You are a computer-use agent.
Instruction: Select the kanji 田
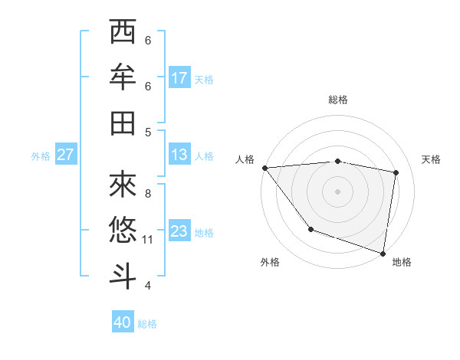coord(123,123)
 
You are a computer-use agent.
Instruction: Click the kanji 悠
coord(123,230)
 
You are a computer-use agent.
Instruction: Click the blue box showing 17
coord(179,78)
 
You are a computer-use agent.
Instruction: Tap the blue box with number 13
coord(179,155)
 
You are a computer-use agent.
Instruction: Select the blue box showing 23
coord(179,232)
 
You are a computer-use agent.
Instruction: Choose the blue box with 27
coord(66,155)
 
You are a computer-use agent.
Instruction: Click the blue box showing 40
coord(123,323)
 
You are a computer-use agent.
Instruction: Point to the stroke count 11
coord(148,240)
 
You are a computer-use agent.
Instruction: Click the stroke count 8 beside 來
coord(148,193)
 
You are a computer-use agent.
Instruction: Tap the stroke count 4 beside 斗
coord(148,286)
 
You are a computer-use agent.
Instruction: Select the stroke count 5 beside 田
coord(148,132)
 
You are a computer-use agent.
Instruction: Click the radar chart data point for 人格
coord(264,168)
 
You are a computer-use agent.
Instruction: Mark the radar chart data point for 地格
coord(383,253)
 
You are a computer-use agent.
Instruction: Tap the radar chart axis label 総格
coord(337,100)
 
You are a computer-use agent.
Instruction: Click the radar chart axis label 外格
coord(270,263)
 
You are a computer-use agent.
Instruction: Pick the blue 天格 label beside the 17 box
coord(204,80)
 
